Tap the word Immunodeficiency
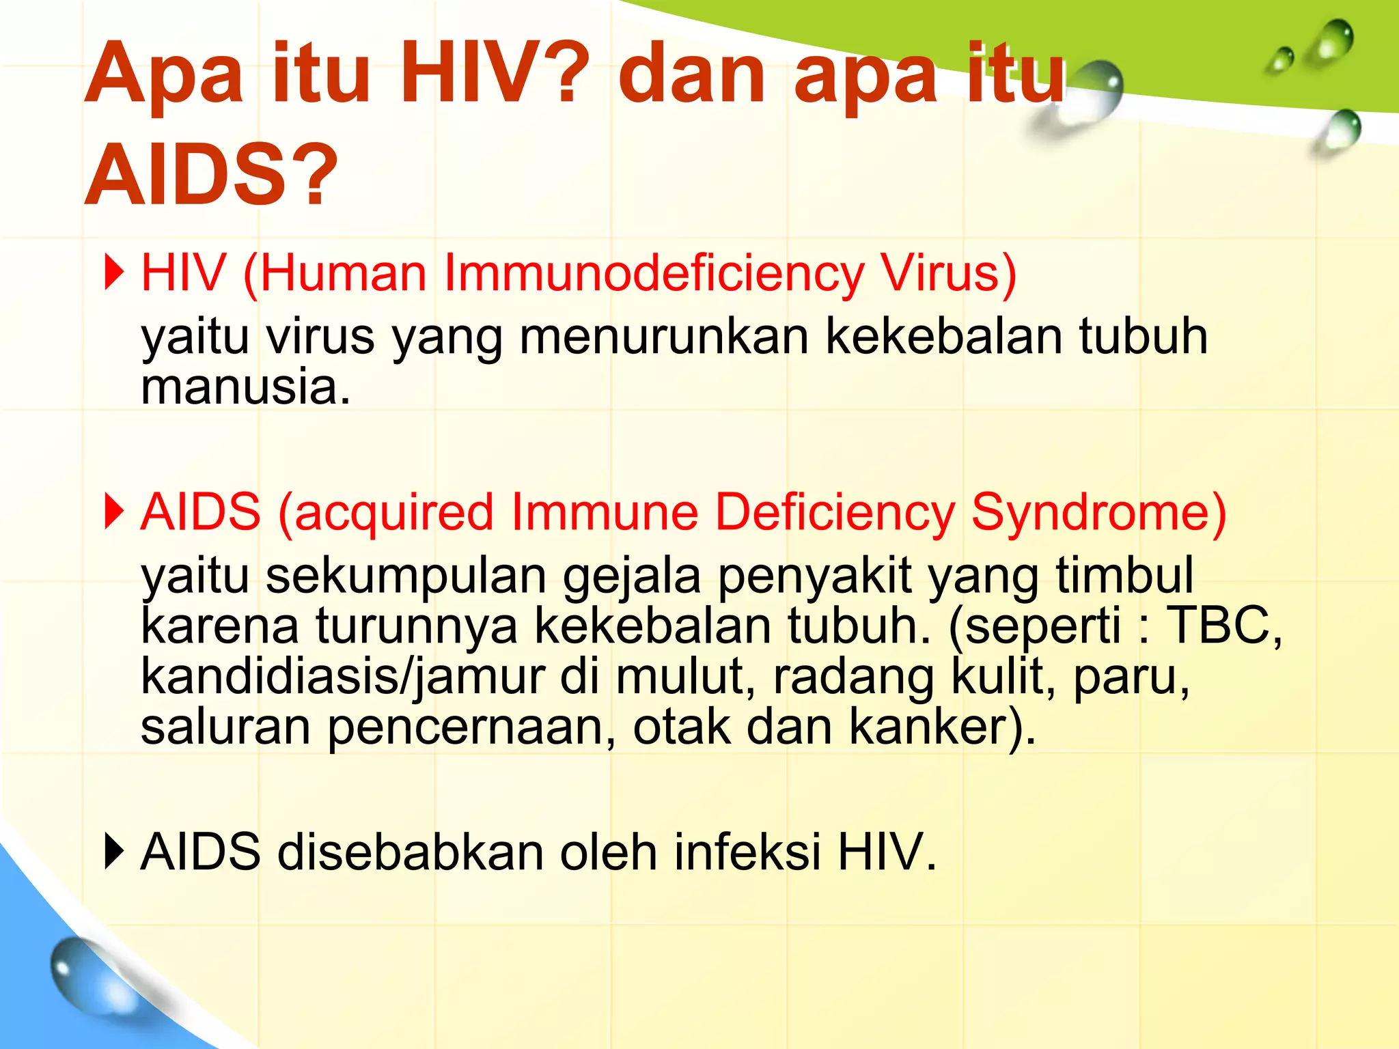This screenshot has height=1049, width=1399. click(x=654, y=273)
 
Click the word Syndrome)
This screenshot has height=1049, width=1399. click(x=1098, y=512)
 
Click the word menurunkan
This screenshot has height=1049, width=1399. click(x=663, y=336)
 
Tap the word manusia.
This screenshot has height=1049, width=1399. click(x=245, y=387)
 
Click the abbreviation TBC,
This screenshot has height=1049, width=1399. click(x=1223, y=626)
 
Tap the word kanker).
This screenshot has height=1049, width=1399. click(x=942, y=727)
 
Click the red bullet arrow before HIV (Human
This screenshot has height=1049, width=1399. click(x=114, y=272)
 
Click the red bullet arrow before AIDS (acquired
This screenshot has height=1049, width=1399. click(x=114, y=512)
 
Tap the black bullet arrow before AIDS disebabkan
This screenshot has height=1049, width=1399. click(x=114, y=852)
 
